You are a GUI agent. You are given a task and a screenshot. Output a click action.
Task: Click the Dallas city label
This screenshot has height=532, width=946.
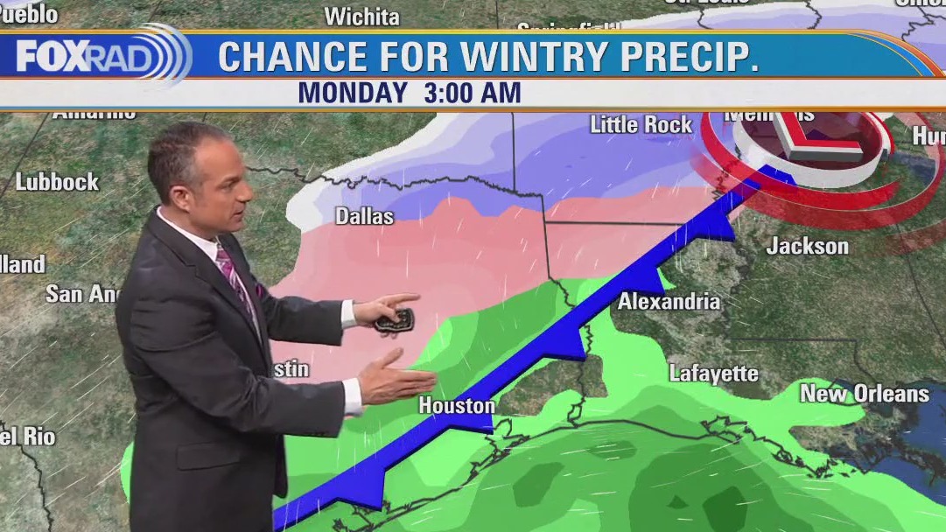(x=364, y=216)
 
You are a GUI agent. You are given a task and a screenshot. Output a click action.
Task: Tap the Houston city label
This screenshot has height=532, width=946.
(x=456, y=406)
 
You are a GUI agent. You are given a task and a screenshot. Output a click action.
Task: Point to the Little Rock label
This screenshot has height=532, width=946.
(x=641, y=125)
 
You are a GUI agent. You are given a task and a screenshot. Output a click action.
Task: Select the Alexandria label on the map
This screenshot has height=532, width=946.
(x=669, y=302)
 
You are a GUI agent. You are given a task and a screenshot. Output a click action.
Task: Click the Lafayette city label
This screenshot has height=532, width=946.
(x=713, y=374)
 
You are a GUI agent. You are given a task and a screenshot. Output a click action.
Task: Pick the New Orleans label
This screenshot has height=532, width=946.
(x=864, y=394)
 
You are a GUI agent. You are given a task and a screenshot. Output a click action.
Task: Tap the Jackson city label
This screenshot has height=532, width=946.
(x=807, y=246)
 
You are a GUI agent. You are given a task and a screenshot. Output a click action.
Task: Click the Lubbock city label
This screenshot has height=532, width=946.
(x=57, y=183)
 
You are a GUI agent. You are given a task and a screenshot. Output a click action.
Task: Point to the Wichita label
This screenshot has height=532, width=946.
(x=361, y=17)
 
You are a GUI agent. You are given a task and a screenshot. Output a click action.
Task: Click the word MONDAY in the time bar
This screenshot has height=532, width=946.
(x=353, y=93)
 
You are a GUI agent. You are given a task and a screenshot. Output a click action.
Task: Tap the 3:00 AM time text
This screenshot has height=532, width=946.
(x=473, y=93)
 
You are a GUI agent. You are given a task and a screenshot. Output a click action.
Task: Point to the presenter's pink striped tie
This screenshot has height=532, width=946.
(x=236, y=281)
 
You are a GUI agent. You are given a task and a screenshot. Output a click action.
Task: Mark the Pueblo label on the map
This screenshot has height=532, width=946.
(x=28, y=14)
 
